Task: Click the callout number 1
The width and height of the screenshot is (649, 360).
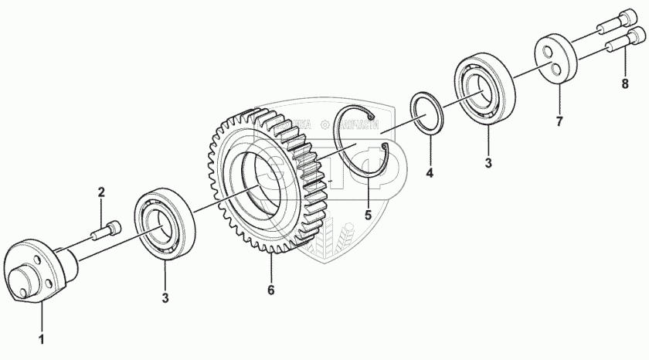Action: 42,339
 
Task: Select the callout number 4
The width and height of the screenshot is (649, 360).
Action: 430,174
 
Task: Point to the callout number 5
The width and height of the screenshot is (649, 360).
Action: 368,216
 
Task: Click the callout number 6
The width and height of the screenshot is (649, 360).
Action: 271,290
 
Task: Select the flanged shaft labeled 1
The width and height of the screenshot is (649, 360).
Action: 39,270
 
